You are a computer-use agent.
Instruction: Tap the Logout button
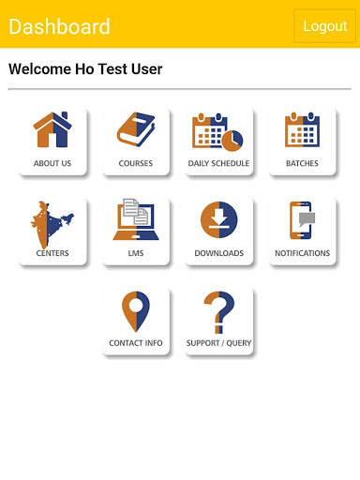pos(324,26)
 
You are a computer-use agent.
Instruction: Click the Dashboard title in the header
pos(59,26)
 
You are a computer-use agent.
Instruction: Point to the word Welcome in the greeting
pos(40,69)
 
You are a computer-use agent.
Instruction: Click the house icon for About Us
pos(52,129)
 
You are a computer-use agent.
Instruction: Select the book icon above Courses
pos(136,129)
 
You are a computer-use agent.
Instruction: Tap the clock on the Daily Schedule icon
pos(232,141)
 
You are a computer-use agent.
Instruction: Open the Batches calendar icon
pos(302,129)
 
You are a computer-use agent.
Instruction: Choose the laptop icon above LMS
pos(136,219)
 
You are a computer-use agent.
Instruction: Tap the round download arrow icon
pos(218,219)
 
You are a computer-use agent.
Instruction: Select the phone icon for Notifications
pos(301,220)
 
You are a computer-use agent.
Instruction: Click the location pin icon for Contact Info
pos(136,312)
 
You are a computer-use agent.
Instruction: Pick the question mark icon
pos(219,312)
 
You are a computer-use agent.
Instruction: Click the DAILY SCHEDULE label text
pos(218,163)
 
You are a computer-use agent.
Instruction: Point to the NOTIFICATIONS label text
pos(302,253)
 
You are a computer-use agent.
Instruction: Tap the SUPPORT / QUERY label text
pos(218,343)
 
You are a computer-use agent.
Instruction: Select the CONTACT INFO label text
pos(136,343)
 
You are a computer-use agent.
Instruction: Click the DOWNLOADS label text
pos(218,253)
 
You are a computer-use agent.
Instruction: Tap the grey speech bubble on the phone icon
pos(307,218)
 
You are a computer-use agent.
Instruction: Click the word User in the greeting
pos(146,69)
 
